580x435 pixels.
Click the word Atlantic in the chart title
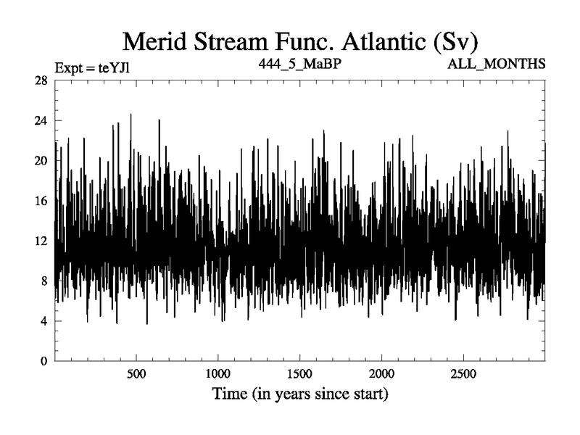coord(381,41)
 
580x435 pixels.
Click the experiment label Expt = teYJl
coord(92,68)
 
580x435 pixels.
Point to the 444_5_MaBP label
coord(299,64)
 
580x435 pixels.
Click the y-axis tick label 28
coord(41,80)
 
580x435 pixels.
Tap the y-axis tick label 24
coord(41,120)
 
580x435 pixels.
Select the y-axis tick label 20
coord(41,160)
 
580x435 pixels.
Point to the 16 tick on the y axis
coord(41,200)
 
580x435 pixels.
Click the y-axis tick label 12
coord(41,241)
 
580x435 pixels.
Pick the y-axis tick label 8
coord(44,281)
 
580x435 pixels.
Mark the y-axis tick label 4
coord(44,320)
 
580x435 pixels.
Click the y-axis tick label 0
coord(44,360)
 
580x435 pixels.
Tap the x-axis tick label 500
coord(136,374)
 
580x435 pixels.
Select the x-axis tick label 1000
coord(217,374)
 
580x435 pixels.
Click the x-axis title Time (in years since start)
coord(299,395)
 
